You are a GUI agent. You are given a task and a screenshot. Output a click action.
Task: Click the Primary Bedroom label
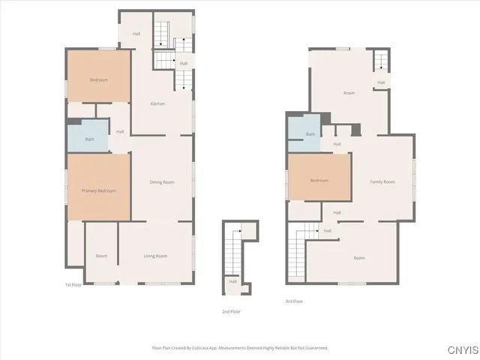(x=99, y=191)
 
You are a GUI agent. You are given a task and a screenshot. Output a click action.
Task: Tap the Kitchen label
(x=158, y=103)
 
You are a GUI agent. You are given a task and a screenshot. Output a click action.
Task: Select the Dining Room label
(x=162, y=182)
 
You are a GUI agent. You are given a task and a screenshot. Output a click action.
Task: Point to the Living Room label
(x=155, y=256)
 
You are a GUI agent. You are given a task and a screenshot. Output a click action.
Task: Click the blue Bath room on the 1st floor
(x=89, y=138)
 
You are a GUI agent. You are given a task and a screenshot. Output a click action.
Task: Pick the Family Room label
(x=382, y=182)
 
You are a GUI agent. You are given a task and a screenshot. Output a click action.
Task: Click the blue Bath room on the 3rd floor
(x=310, y=134)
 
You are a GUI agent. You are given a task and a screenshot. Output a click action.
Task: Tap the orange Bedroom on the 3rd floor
(x=319, y=180)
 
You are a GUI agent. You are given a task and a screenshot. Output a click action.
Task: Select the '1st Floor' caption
(x=73, y=285)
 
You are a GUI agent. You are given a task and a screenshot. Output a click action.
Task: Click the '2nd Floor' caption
(x=230, y=311)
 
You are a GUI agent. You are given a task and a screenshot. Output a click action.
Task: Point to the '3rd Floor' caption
(x=294, y=301)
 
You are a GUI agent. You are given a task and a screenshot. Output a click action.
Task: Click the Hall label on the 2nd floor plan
(x=233, y=282)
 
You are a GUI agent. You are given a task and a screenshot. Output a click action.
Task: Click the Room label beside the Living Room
(x=101, y=256)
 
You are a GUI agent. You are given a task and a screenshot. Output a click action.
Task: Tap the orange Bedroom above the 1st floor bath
(x=99, y=79)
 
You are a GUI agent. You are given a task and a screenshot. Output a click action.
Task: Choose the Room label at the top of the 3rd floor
(x=349, y=93)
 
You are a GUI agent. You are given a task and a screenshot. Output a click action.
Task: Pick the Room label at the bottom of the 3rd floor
(x=359, y=258)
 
